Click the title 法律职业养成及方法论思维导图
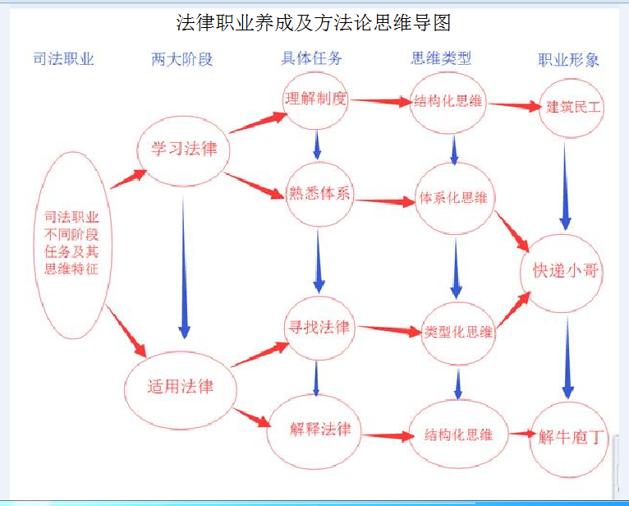click(x=314, y=22)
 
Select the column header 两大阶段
click(x=181, y=59)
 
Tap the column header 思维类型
click(x=441, y=58)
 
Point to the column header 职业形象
click(x=568, y=60)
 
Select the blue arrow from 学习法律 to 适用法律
click(x=184, y=267)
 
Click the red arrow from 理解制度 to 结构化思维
click(x=381, y=101)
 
